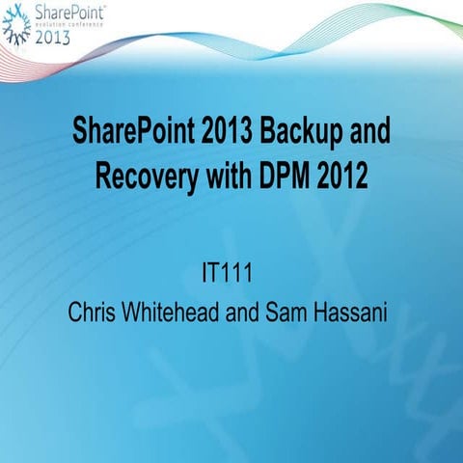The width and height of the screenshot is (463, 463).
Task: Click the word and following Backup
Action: [x=368, y=134]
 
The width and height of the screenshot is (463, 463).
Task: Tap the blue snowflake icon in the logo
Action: [x=16, y=21]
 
